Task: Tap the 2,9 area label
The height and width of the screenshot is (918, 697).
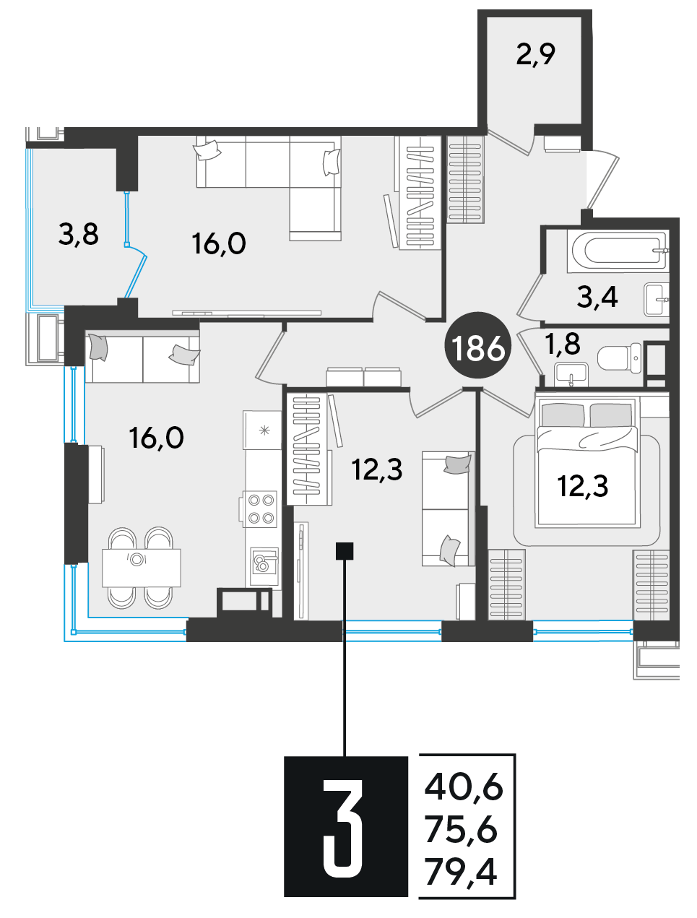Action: pos(536,55)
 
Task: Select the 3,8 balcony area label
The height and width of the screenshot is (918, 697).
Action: pos(79,234)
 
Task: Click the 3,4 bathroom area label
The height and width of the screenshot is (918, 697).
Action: pos(597,298)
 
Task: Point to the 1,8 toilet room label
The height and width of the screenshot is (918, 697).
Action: pos(563,343)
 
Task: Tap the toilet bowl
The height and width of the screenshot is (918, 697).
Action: pos(620,358)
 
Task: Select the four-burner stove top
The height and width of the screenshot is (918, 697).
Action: pos(261,508)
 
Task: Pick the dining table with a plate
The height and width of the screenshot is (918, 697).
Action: pos(142,568)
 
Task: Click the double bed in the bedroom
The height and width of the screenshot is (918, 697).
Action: pos(586,462)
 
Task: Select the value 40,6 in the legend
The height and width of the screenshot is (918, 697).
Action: pos(464,789)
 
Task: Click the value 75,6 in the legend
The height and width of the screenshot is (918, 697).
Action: pos(462,831)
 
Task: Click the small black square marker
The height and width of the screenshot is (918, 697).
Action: pos(345,551)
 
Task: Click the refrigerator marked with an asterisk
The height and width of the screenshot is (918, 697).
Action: pos(261,430)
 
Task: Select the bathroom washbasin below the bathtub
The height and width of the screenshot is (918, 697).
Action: pos(657,300)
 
